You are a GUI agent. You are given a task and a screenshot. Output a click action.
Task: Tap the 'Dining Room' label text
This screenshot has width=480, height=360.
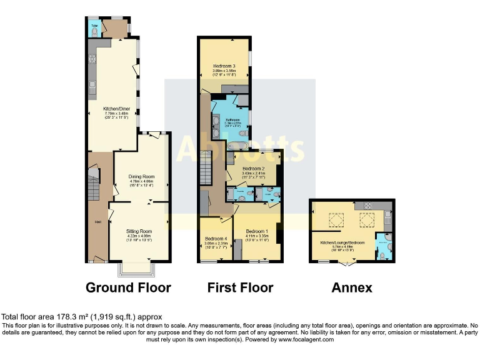[141, 176]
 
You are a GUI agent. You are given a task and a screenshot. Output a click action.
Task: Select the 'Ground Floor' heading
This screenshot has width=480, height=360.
[128, 287]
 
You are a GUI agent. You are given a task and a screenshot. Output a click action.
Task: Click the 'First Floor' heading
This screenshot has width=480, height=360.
[240, 287]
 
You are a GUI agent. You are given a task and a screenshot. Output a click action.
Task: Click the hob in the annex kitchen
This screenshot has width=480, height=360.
[367, 207]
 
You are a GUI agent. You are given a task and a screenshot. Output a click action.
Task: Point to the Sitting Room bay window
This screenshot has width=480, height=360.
[138, 269]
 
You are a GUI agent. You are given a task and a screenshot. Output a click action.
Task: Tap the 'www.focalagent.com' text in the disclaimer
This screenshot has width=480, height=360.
[304, 339]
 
